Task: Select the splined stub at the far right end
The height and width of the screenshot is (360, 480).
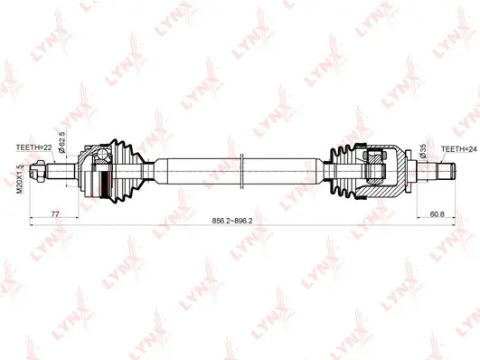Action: (443, 169)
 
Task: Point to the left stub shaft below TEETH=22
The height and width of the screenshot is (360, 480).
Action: (63, 169)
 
